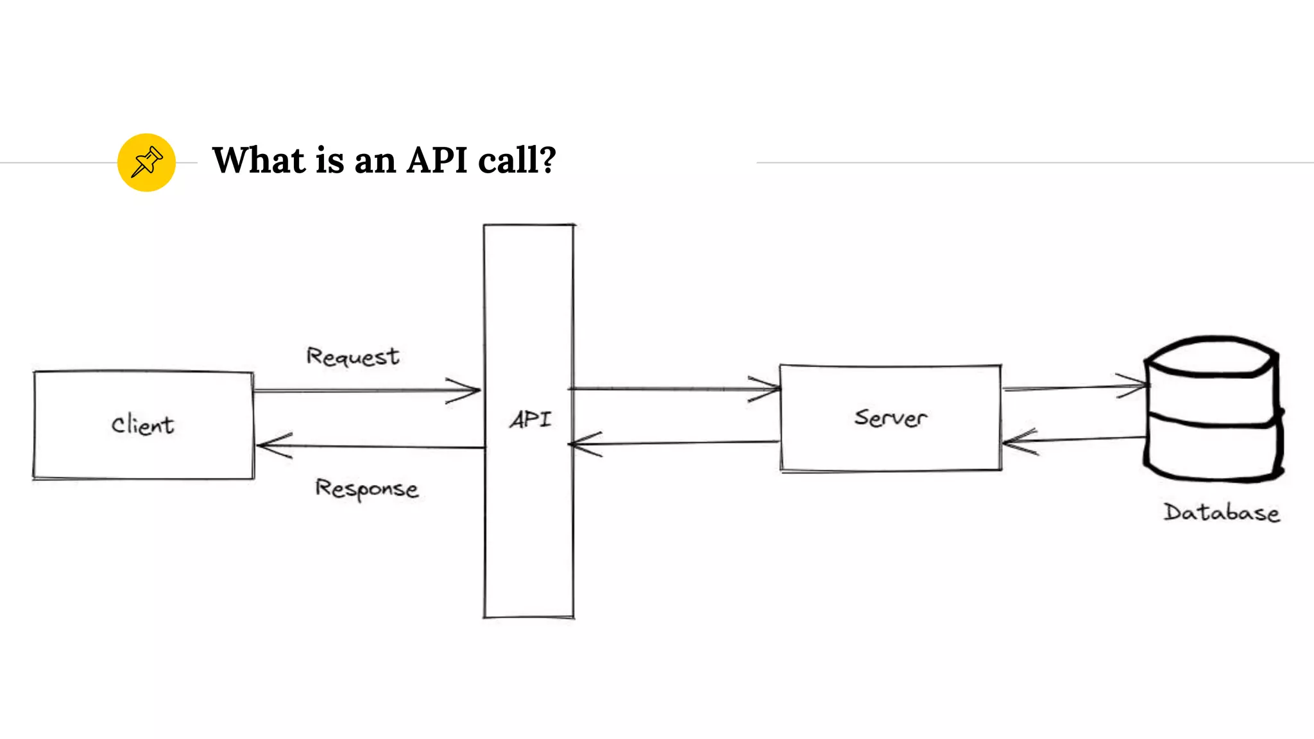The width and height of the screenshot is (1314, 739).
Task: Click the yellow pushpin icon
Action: pyautogui.click(x=146, y=162)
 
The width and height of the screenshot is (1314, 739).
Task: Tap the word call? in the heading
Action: pyautogui.click(x=517, y=160)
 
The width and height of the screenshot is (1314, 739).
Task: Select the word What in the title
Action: pyautogui.click(x=259, y=160)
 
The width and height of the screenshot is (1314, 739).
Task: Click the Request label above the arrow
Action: pyautogui.click(x=352, y=356)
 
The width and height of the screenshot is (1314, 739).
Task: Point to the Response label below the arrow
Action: pyautogui.click(x=366, y=489)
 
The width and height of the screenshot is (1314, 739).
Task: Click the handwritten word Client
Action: pyautogui.click(x=142, y=425)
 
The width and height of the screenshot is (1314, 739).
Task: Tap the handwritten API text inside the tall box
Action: pyautogui.click(x=530, y=420)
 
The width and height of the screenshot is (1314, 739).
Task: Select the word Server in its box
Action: pyautogui.click(x=891, y=418)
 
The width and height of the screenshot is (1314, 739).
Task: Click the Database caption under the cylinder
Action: pyautogui.click(x=1222, y=513)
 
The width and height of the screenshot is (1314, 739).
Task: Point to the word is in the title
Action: pyautogui.click(x=330, y=160)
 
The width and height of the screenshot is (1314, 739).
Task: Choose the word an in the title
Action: pyautogui.click(x=375, y=160)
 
